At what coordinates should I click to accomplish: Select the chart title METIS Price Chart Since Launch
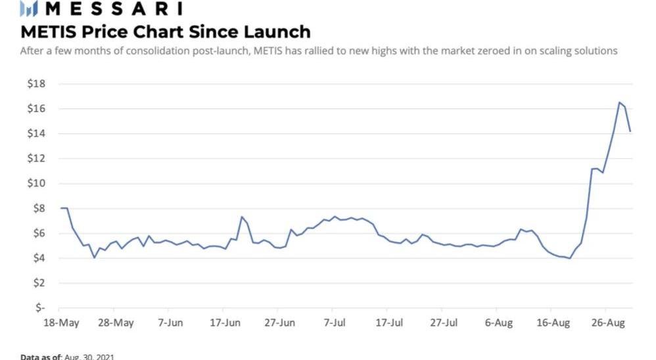pyautogui.click(x=165, y=31)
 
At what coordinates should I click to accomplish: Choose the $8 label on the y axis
pyautogui.click(x=37, y=208)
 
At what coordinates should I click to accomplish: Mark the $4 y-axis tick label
pyautogui.click(x=37, y=258)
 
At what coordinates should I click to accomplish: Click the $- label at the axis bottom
pyautogui.click(x=39, y=307)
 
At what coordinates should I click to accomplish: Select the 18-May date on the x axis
pyautogui.click(x=61, y=323)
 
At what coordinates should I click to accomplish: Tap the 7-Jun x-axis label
pyautogui.click(x=170, y=323)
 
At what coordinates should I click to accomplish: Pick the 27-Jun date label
pyautogui.click(x=279, y=323)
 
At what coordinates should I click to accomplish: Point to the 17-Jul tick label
pyautogui.click(x=389, y=323)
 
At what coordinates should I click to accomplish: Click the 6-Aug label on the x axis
pyautogui.click(x=498, y=323)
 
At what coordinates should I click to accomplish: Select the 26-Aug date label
pyautogui.click(x=607, y=323)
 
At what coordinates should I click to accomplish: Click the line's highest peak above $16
pyautogui.click(x=619, y=102)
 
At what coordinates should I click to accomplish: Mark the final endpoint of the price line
pyautogui.click(x=630, y=132)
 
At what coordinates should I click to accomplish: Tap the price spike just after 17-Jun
pyautogui.click(x=242, y=217)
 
